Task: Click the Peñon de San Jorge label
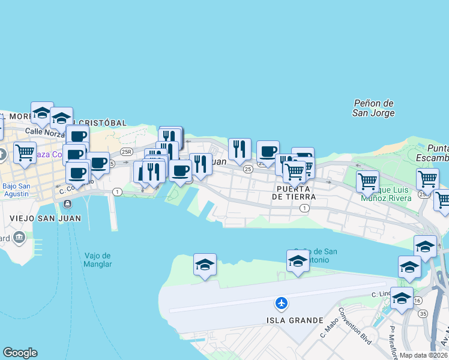pos(373,108)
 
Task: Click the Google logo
pos(20,353)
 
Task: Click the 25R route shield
pos(126,152)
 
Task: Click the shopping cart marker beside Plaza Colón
pos(25,152)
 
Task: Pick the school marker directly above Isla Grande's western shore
pos(205,263)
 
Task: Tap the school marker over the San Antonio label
pos(298,260)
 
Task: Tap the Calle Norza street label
pos(43,131)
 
